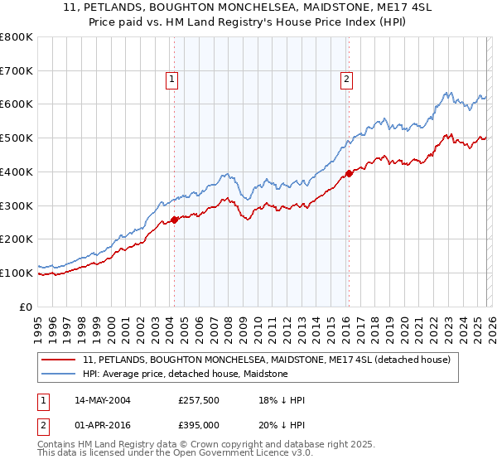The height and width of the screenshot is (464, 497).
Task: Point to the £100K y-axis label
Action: click(17, 273)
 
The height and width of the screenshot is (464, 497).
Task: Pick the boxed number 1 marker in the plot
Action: click(171, 80)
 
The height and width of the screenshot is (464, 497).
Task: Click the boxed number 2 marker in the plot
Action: click(345, 80)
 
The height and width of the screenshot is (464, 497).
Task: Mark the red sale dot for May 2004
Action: click(175, 220)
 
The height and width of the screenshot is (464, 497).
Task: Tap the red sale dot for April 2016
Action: click(349, 173)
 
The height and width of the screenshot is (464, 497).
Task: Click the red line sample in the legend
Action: click(59, 360)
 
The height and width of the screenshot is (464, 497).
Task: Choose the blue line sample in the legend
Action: click(59, 374)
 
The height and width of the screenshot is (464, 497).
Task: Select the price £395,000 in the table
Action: click(198, 424)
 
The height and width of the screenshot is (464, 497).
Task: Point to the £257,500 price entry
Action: click(198, 400)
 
